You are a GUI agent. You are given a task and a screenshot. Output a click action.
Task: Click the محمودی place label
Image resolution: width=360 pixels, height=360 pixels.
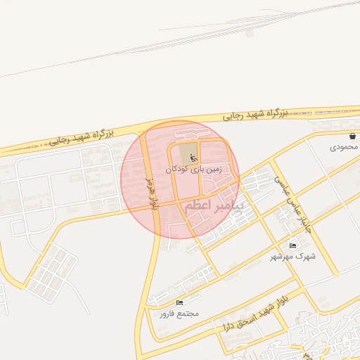345,148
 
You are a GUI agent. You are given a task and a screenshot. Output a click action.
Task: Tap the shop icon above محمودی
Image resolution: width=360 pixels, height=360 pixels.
352,136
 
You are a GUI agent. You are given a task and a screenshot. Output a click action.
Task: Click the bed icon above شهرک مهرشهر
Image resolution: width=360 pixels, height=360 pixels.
292,245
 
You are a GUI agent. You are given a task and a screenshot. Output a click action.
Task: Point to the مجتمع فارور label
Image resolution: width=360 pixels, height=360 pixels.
175,313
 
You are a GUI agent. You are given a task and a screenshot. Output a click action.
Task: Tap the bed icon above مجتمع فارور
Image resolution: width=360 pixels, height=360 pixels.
179,302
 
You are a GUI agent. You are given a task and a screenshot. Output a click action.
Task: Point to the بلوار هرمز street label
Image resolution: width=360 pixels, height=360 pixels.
150,193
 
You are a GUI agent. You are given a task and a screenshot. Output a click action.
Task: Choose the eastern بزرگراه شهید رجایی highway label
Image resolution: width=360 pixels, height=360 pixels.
256,112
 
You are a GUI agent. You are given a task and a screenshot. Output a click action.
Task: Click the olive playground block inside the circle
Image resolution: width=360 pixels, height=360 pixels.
187,152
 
